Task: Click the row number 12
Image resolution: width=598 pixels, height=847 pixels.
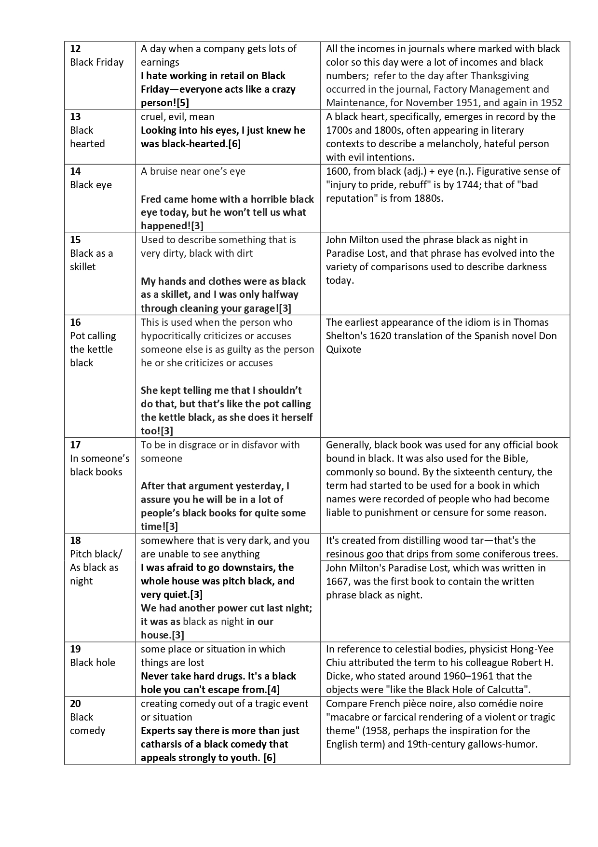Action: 75,49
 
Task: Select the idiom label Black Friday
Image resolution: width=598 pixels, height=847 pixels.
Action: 96,62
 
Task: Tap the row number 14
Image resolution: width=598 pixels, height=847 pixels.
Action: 75,171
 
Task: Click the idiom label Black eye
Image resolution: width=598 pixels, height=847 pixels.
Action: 91,185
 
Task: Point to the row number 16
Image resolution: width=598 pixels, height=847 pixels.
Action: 75,322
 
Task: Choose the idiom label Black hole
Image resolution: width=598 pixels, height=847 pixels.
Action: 93,663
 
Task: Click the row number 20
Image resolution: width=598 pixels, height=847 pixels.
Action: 76,704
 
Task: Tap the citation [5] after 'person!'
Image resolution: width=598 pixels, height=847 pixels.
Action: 182,103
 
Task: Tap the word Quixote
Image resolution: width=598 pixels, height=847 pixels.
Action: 343,349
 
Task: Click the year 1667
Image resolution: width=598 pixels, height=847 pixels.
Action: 337,582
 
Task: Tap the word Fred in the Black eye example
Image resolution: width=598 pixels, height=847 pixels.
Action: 151,199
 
